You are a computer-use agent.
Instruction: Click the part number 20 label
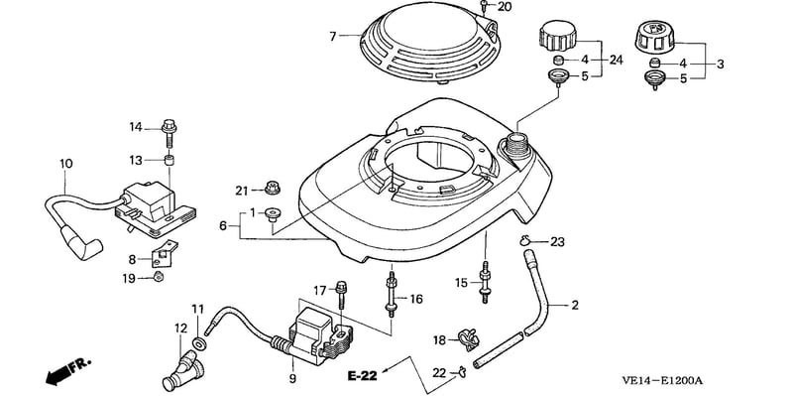pyautogui.click(x=505, y=7)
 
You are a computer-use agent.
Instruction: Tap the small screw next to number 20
pyautogui.click(x=484, y=6)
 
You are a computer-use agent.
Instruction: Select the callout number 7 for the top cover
pyautogui.click(x=333, y=37)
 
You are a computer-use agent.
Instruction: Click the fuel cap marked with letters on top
pyautogui.click(x=656, y=37)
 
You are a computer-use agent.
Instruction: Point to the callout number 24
pyautogui.click(x=616, y=60)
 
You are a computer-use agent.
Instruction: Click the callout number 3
pyautogui.click(x=721, y=65)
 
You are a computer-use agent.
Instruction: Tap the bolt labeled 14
pyautogui.click(x=170, y=133)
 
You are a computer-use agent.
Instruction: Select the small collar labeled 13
pyautogui.click(x=170, y=161)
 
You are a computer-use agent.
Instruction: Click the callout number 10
pyautogui.click(x=66, y=164)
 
